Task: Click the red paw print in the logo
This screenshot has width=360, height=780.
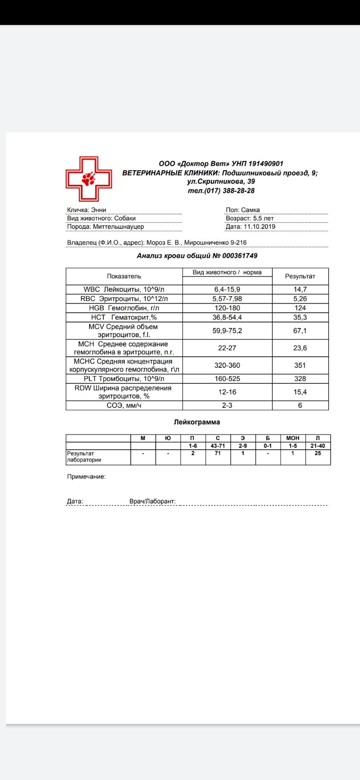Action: tap(89, 179)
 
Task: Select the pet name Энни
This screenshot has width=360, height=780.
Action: tap(99, 210)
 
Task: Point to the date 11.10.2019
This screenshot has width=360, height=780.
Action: tap(259, 226)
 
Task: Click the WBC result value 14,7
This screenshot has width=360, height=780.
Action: tap(300, 289)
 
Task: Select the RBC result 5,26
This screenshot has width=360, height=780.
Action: tap(300, 299)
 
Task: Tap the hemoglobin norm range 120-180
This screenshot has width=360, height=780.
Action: tap(227, 308)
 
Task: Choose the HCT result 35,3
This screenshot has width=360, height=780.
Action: tap(300, 317)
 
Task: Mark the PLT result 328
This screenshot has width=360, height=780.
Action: tap(300, 379)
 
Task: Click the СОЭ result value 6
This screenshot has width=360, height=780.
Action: tap(300, 405)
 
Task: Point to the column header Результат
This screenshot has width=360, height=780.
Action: tap(300, 276)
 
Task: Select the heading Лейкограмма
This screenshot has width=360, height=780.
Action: tap(197, 422)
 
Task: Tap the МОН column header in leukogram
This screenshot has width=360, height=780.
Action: tap(293, 438)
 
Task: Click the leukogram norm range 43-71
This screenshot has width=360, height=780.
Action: tap(218, 446)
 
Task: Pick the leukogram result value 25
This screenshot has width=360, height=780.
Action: tap(318, 453)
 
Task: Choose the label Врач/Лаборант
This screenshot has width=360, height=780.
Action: tap(152, 501)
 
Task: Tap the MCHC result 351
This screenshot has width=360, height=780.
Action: tap(300, 365)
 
